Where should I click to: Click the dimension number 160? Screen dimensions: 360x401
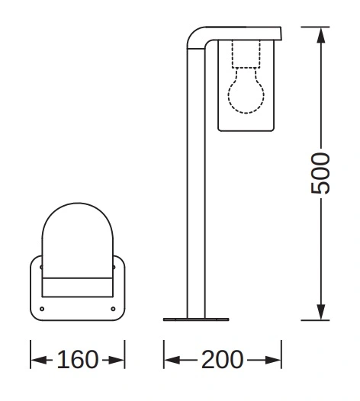[x=78, y=360]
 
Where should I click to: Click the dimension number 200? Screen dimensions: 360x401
[x=222, y=360]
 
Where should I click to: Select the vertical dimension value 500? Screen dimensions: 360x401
[x=320, y=173]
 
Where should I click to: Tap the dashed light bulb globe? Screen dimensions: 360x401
[x=246, y=94]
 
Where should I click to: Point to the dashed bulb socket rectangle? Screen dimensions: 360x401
[x=246, y=53]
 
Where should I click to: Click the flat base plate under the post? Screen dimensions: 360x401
[x=196, y=319]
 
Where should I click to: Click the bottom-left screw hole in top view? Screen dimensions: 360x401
[x=42, y=309]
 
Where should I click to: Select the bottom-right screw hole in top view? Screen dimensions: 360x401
[x=113, y=309]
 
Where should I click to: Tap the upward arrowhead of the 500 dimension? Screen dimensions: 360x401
[x=321, y=35]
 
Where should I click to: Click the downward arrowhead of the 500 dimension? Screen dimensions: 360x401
[x=321, y=312]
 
